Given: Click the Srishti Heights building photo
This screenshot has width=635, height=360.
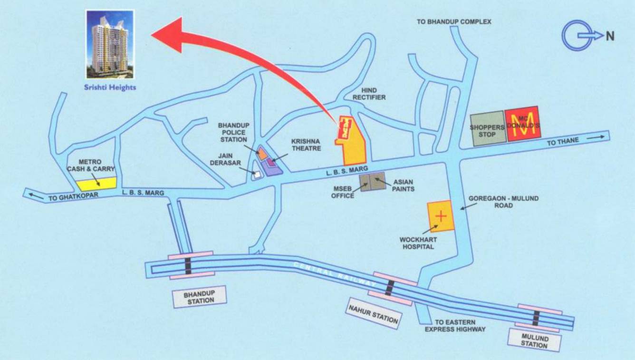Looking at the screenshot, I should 110,44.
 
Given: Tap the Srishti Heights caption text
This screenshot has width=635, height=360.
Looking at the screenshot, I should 110,88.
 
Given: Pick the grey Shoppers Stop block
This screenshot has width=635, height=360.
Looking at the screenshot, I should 487,128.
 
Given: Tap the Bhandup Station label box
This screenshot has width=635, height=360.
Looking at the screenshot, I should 199,296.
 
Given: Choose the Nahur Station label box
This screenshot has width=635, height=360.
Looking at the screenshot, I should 373,314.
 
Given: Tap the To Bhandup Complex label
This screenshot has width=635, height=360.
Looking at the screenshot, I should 454,22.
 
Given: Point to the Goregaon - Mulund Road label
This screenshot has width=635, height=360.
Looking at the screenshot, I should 503,202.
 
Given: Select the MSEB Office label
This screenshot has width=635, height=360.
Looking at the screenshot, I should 343,192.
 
